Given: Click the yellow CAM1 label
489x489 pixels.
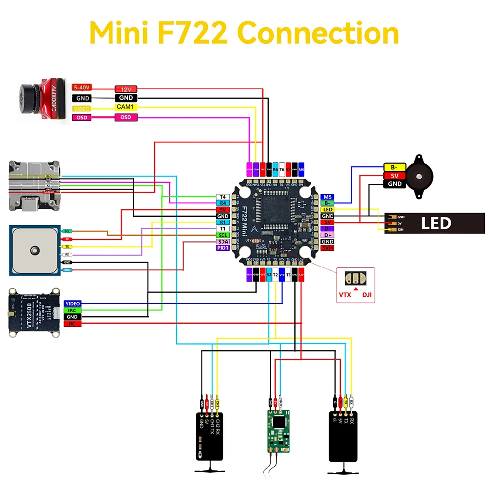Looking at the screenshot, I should (x=126, y=107).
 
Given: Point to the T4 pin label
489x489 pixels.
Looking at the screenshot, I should (x=222, y=197).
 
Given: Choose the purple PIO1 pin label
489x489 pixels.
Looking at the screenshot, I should (x=222, y=248).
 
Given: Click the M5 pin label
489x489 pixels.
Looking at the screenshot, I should (x=328, y=197).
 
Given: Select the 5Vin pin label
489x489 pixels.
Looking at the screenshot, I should (x=328, y=248).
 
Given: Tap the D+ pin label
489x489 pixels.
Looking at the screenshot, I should (x=328, y=235).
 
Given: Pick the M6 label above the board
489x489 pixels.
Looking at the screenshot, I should (x=301, y=169).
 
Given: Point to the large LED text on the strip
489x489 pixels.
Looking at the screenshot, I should (x=436, y=223).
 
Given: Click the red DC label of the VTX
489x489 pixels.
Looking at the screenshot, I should (x=72, y=324).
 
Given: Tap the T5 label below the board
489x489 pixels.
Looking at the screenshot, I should (x=288, y=275).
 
